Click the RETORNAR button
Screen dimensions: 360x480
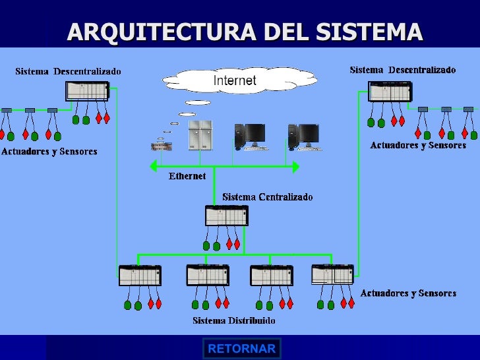pyautogui.click(x=241, y=349)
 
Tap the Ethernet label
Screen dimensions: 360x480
pyautogui.click(x=187, y=176)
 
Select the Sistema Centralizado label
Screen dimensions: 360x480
pyautogui.click(x=267, y=196)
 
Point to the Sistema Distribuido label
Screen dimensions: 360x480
pyautogui.click(x=233, y=321)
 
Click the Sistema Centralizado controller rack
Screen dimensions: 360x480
pyautogui.click(x=227, y=216)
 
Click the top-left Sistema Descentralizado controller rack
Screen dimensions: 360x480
pyautogui.click(x=87, y=91)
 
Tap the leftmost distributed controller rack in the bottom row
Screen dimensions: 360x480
pyautogui.click(x=140, y=275)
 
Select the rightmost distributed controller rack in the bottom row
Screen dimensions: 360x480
pyautogui.click(x=332, y=274)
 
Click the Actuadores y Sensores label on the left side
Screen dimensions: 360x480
pyautogui.click(x=49, y=152)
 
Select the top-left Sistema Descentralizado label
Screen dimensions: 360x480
pyautogui.click(x=68, y=71)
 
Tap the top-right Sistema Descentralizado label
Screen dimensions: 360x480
pyautogui.click(x=402, y=69)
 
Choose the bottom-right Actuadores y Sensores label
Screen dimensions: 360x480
pyautogui.click(x=408, y=293)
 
